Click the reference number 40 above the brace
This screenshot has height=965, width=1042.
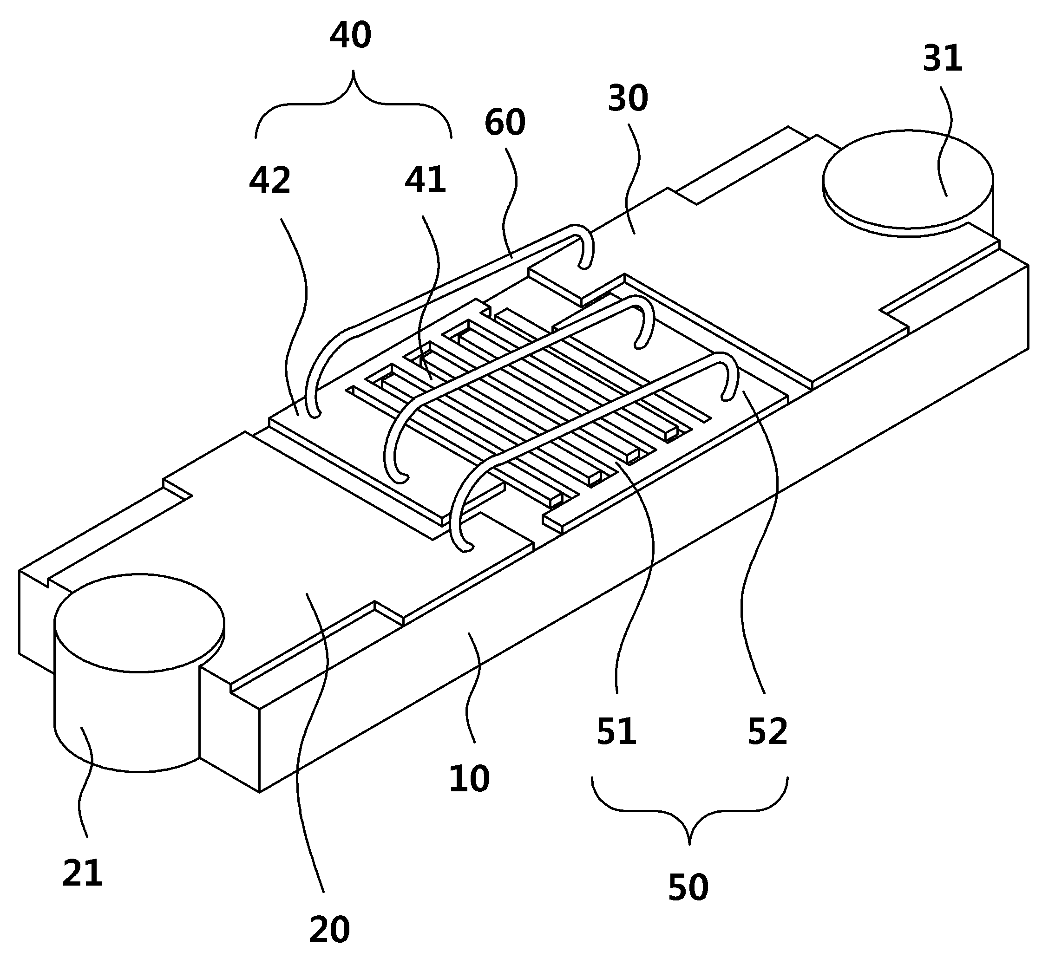coord(350,35)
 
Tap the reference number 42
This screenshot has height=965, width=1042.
coord(269,181)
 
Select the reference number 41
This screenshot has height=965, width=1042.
coord(425,180)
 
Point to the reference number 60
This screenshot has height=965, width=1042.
coord(505,123)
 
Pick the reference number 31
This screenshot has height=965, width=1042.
coord(942,59)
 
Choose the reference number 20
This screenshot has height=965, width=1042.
coord(329,930)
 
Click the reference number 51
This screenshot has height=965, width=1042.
coord(616,731)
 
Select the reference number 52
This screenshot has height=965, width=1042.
coord(767,731)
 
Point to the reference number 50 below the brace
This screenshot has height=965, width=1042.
coord(688,887)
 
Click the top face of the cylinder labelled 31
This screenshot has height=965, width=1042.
coord(908,179)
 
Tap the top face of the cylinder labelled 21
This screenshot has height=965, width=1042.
coord(139,623)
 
